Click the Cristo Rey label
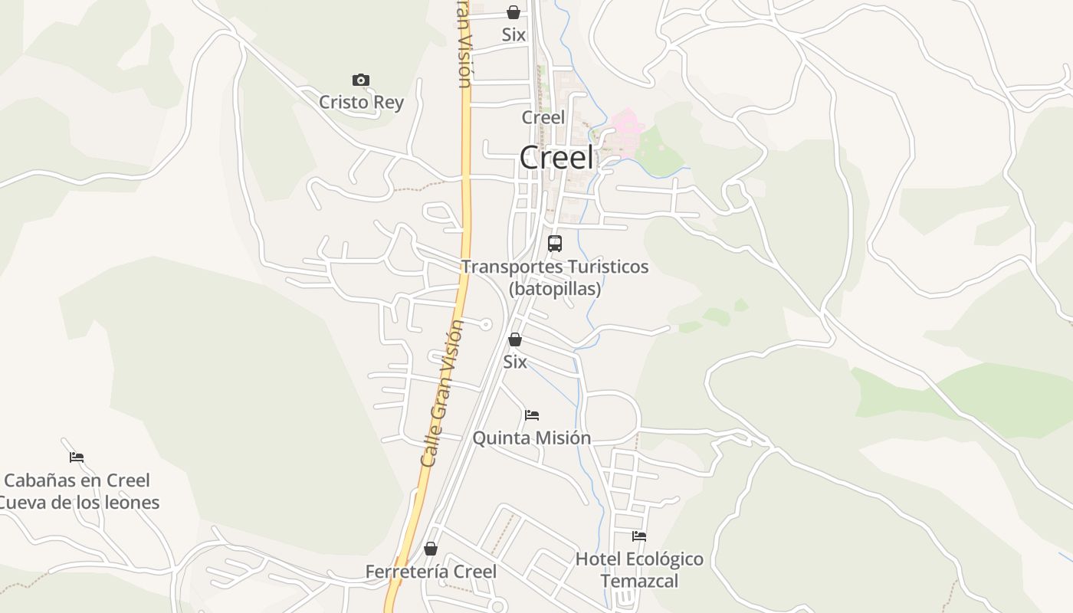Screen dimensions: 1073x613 [x=361, y=102]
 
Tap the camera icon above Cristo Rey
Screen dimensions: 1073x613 [x=361, y=80]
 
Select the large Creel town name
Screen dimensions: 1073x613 [x=556, y=158]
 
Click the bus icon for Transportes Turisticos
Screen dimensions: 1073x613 [x=555, y=244]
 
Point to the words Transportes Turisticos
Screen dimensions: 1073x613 [x=555, y=267]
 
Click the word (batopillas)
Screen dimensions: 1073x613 [x=555, y=289]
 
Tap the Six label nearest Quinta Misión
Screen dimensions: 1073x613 [x=515, y=362]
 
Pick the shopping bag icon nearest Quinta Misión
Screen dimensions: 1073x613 [x=515, y=339]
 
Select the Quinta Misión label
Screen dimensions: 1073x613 [x=532, y=438]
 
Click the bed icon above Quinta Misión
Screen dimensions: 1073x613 [x=532, y=415]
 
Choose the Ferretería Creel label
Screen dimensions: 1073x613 [x=431, y=572]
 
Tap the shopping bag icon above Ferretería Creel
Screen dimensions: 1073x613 [x=431, y=549]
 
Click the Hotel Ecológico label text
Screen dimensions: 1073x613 [x=639, y=559]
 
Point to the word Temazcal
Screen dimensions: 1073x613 [x=639, y=581]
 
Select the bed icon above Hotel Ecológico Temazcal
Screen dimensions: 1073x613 [x=639, y=536]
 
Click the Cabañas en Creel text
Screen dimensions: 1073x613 [x=77, y=480]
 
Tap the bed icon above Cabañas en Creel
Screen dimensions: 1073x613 [x=77, y=457]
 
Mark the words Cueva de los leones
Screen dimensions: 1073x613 [x=80, y=503]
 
